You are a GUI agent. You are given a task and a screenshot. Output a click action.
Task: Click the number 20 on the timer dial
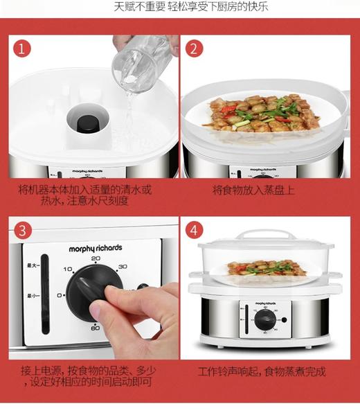point(96,258)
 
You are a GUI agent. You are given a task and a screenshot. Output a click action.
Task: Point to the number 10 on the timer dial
point(68,269)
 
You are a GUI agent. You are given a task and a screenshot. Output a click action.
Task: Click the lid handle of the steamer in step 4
point(265,233)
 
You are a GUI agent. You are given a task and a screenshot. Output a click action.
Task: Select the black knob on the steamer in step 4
point(264,320)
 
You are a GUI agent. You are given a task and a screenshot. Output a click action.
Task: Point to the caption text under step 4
point(262,371)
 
